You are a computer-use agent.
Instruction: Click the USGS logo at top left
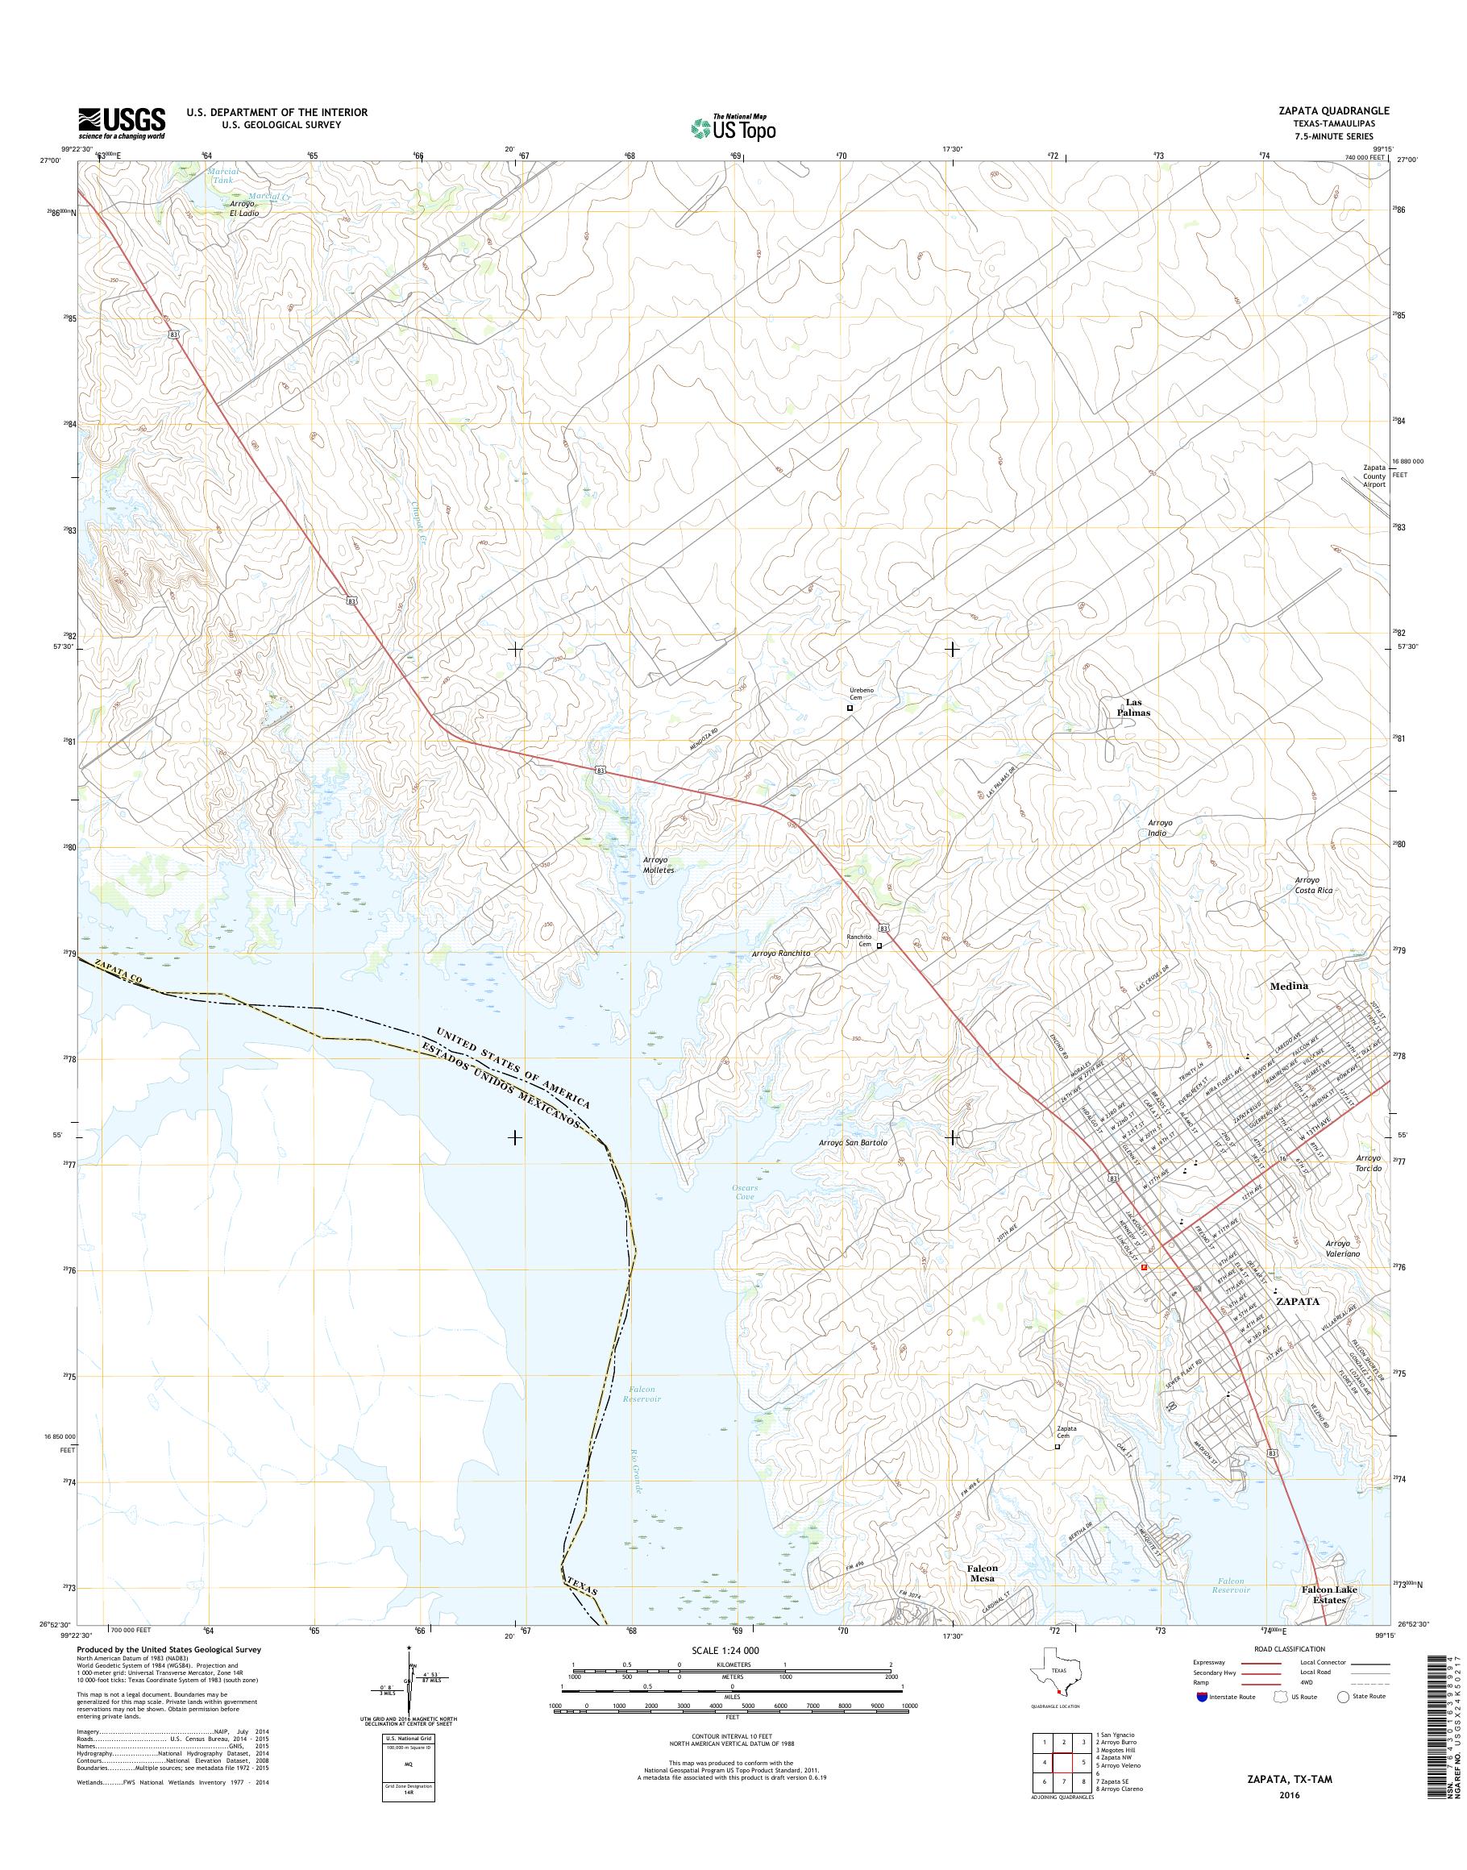click(122, 123)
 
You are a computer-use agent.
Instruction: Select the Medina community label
click(1288, 986)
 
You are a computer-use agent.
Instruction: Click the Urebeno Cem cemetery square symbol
click(850, 709)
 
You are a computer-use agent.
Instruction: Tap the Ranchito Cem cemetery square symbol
click(879, 945)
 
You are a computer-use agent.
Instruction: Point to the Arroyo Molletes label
click(659, 864)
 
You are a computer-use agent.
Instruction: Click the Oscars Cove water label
click(745, 1193)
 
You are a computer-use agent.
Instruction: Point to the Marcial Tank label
click(222, 176)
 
